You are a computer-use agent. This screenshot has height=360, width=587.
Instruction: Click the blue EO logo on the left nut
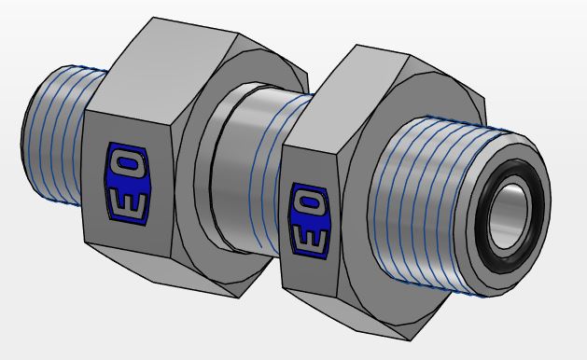pos(127,184)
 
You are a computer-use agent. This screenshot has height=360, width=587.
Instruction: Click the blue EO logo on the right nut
pos(310,221)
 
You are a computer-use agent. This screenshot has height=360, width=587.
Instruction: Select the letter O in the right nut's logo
pos(311,202)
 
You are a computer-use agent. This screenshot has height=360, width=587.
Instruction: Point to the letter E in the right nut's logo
pos(309,240)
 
